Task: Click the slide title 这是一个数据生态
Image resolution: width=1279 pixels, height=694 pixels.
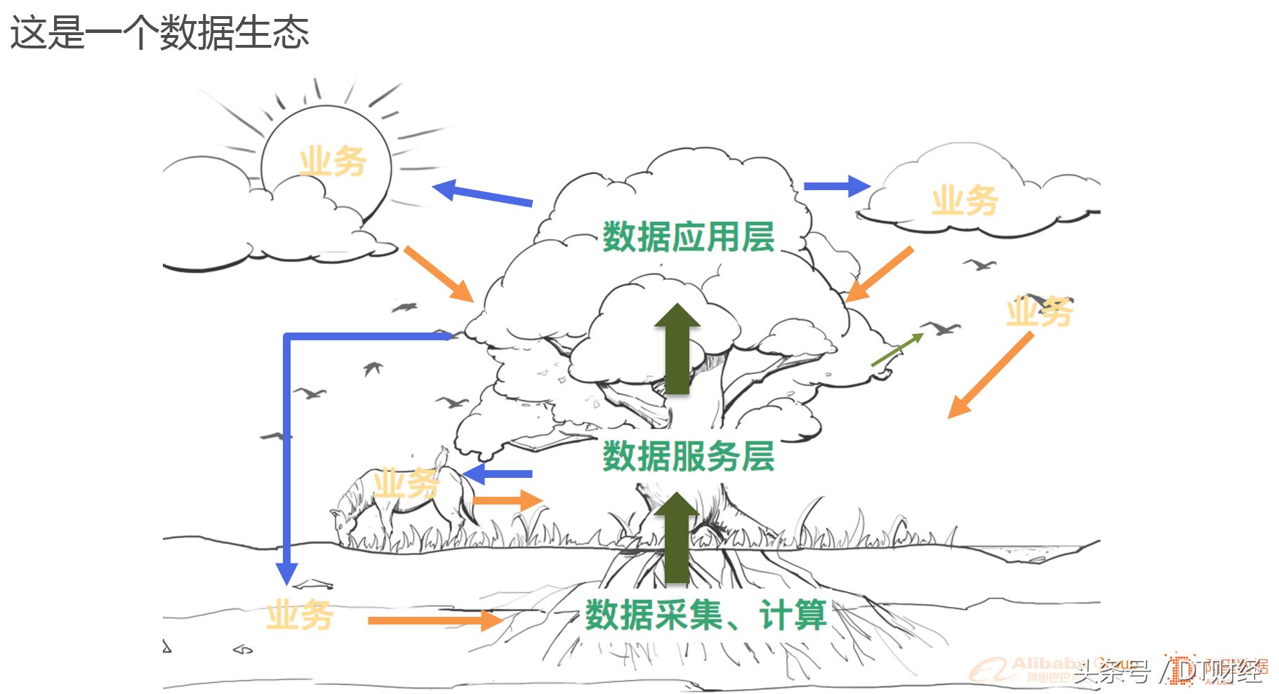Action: click(x=159, y=32)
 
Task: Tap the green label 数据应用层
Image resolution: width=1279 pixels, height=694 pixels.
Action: click(x=688, y=236)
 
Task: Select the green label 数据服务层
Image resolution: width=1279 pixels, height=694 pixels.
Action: click(x=688, y=456)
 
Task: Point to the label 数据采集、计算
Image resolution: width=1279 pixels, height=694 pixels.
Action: click(x=705, y=615)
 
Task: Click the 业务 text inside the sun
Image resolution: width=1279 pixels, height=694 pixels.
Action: click(x=332, y=161)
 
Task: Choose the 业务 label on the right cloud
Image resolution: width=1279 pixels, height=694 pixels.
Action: click(x=965, y=201)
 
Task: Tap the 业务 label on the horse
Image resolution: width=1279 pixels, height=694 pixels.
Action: click(x=406, y=483)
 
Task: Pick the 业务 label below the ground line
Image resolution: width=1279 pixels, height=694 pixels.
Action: click(x=299, y=615)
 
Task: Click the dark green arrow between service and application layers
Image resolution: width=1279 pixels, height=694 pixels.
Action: click(x=677, y=349)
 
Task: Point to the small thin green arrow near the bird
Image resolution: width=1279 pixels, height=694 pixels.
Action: click(x=896, y=350)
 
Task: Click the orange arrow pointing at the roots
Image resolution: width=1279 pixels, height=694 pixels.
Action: click(x=435, y=620)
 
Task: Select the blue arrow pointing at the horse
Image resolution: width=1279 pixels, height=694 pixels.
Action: click(x=498, y=474)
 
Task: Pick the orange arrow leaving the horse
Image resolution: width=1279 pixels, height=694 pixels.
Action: click(x=508, y=500)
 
